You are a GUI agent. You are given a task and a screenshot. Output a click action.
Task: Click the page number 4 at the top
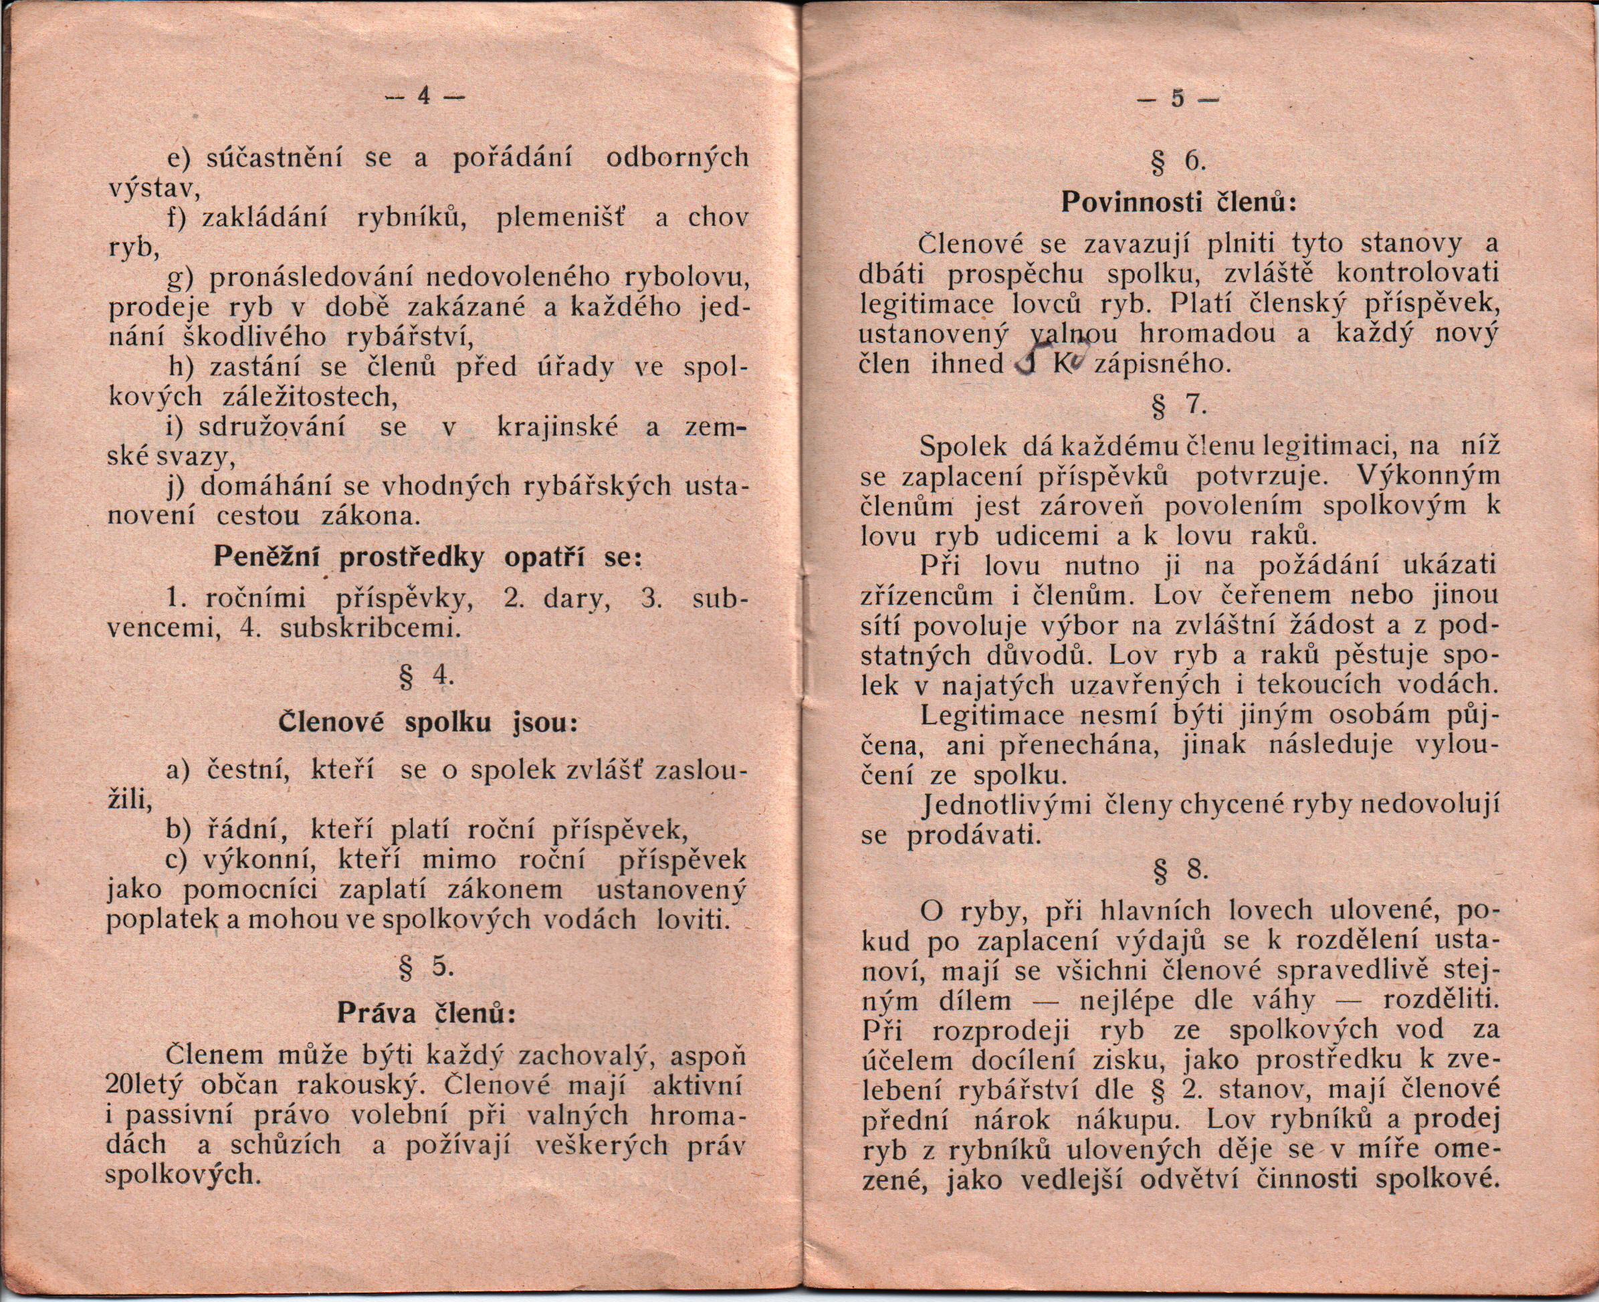(x=424, y=98)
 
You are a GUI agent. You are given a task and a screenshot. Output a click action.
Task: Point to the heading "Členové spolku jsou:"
(x=428, y=722)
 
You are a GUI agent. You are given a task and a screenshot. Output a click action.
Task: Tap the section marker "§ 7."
(x=1180, y=406)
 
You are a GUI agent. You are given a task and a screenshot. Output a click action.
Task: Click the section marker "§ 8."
(x=1180, y=869)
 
